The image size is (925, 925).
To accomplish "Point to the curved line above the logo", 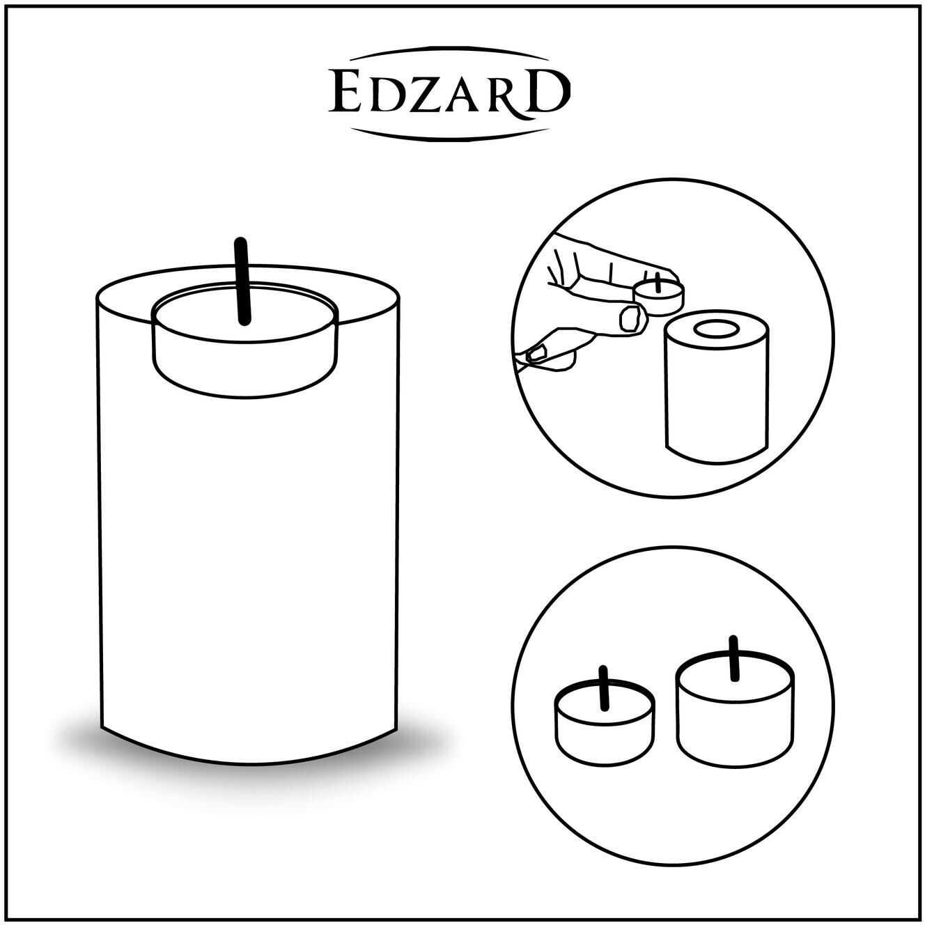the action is click(x=449, y=52).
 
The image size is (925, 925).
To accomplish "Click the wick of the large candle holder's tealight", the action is click(x=242, y=281).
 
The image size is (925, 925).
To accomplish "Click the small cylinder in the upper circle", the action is click(x=717, y=387).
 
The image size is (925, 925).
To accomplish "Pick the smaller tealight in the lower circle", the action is click(x=605, y=722).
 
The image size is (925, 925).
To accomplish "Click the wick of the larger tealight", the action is click(x=733, y=658).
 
